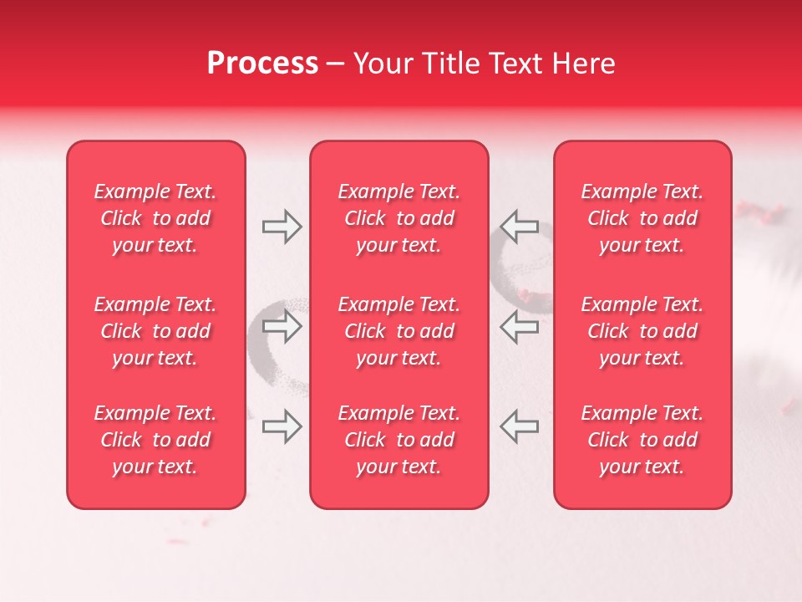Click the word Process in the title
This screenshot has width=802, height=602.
point(262,64)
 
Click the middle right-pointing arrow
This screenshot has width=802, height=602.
point(282,326)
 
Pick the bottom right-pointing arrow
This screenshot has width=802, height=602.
point(282,426)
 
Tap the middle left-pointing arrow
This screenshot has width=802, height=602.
point(520,326)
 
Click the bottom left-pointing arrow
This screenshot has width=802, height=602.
point(520,426)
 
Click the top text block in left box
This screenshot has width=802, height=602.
point(155,218)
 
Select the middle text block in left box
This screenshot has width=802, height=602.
point(155,331)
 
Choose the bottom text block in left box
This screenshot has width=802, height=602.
point(155,440)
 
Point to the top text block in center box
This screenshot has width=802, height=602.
point(398,218)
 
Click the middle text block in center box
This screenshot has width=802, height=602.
point(398,331)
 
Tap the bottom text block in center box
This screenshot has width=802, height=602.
point(398,440)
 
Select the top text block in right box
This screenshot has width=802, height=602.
point(642,218)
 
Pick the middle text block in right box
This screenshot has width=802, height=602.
point(642,331)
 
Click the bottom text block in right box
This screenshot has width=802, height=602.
point(642,440)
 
